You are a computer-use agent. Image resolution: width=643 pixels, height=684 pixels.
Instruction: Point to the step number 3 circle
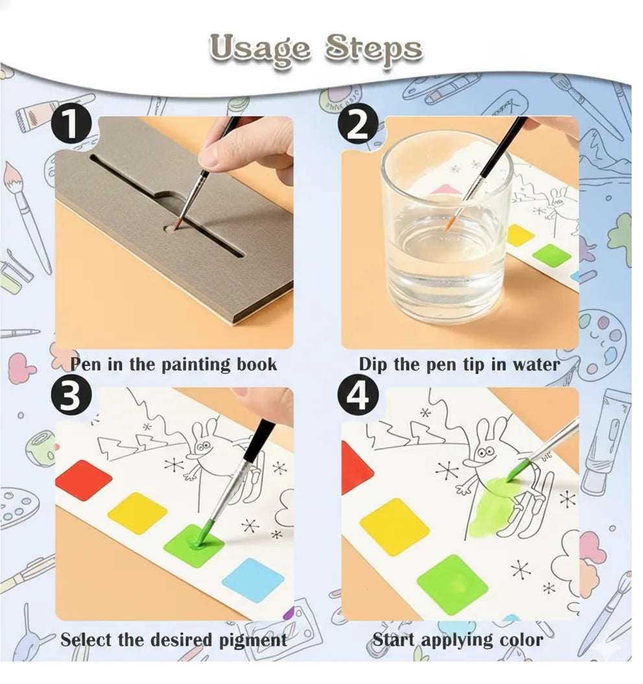click(71, 396)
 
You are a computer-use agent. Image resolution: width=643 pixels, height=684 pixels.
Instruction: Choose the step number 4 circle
click(358, 396)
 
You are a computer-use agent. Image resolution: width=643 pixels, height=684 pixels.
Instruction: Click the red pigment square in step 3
click(84, 480)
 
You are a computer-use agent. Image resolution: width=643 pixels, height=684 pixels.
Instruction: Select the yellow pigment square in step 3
click(137, 513)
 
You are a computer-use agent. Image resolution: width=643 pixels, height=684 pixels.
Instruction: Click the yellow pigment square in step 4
click(394, 527)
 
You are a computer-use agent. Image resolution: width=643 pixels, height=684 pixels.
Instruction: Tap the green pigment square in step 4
click(452, 584)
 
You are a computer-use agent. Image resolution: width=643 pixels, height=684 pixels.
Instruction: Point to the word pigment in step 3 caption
click(253, 641)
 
